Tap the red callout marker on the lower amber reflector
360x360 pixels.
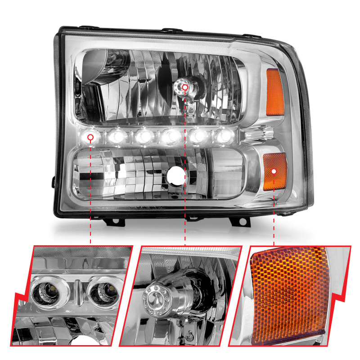[274, 171]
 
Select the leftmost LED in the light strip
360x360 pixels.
[91, 137]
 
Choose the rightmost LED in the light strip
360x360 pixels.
[222, 135]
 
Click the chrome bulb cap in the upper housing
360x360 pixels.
[184, 86]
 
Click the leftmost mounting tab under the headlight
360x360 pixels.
[112, 221]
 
